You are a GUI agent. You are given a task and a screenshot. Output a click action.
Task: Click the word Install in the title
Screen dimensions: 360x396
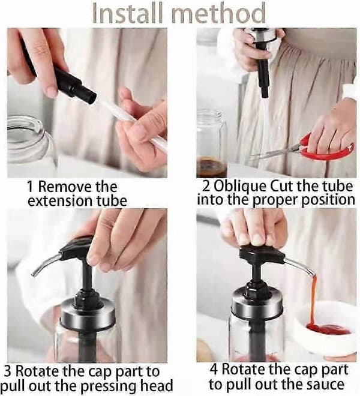(x=127, y=13)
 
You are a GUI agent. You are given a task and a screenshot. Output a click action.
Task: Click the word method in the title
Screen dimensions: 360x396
(x=218, y=13)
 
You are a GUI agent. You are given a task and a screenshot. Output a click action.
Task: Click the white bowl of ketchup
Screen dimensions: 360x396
(x=326, y=328)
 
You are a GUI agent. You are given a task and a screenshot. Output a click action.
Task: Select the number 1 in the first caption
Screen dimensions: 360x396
(x=31, y=187)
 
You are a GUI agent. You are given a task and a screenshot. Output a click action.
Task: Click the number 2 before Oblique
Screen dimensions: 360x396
(x=206, y=187)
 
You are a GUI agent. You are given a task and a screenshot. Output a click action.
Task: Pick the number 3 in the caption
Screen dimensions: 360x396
(x=8, y=371)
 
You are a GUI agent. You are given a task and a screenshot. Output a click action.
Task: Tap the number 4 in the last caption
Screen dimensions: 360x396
(x=214, y=370)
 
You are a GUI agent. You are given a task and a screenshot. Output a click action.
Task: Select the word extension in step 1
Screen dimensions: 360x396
(x=59, y=201)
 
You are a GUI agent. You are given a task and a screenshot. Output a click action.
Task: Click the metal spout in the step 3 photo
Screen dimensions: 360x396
(x=46, y=265)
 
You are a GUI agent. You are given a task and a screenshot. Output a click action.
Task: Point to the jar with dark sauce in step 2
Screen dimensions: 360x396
(x=211, y=144)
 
